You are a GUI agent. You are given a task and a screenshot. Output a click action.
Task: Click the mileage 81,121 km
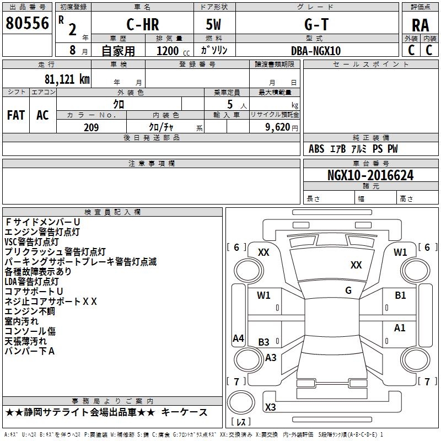(x=64, y=79)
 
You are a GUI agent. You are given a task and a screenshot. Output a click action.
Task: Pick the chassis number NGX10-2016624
(x=370, y=176)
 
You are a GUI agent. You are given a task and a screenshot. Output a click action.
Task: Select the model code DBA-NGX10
(x=316, y=51)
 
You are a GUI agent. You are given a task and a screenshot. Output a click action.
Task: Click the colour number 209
(x=91, y=127)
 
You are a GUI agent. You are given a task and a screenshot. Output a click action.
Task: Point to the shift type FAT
(x=16, y=115)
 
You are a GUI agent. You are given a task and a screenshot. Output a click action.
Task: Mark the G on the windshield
(x=348, y=290)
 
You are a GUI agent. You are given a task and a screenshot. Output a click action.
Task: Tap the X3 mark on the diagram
(x=270, y=407)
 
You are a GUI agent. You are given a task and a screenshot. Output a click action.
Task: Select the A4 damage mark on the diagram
(x=238, y=338)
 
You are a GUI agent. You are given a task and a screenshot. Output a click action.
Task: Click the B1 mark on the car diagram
(x=400, y=295)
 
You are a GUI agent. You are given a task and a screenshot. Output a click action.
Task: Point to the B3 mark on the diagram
(x=264, y=342)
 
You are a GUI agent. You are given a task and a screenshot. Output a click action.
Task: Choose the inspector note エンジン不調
(x=30, y=311)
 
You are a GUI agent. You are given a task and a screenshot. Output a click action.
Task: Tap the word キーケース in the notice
(x=185, y=412)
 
